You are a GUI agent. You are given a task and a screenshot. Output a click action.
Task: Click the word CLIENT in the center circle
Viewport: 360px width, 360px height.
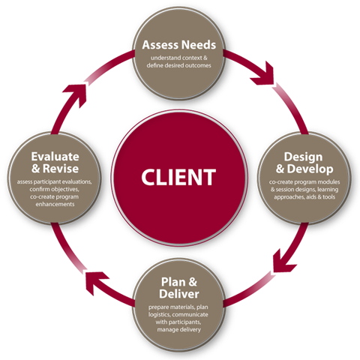click(179, 178)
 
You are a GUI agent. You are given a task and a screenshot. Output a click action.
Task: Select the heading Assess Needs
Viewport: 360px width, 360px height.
click(179, 45)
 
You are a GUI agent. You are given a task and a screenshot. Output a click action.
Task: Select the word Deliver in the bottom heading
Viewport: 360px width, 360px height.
click(180, 295)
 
